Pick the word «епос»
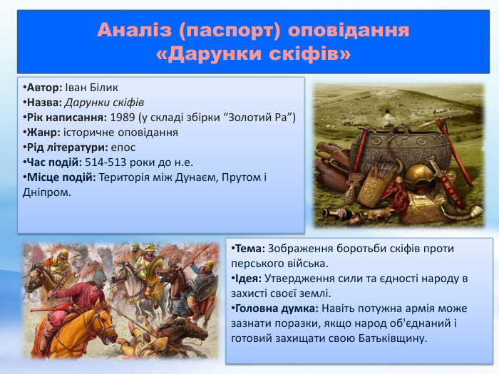(x=123, y=147)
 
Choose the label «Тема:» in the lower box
(x=248, y=249)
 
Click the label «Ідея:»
(x=247, y=278)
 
